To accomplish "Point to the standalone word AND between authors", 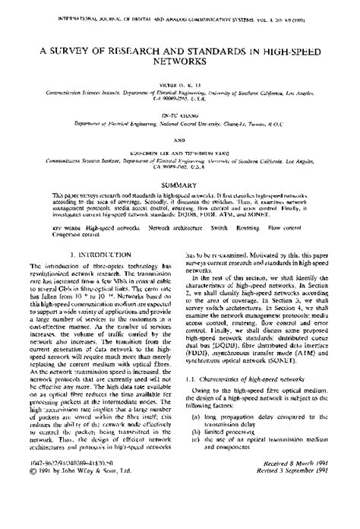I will [x=179, y=140].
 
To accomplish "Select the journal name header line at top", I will [x=179, y=13].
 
